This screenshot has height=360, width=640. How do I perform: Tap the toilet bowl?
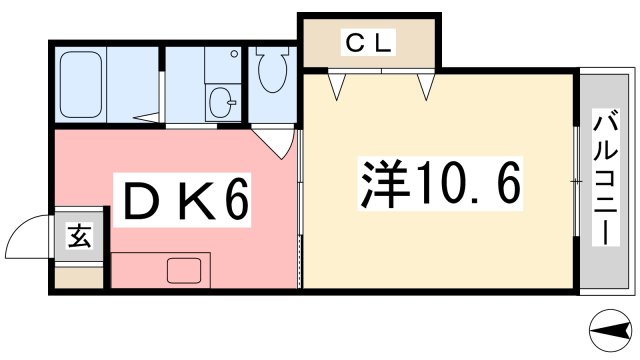click(x=270, y=71)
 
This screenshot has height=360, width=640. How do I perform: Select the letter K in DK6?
click(x=187, y=203)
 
